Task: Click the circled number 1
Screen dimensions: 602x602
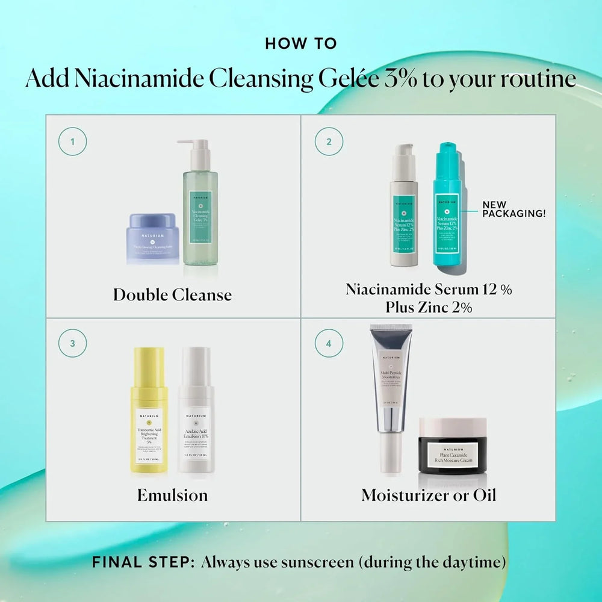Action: coord(72,143)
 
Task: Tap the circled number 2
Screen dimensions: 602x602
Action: coord(329,143)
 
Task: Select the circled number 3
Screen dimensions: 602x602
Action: coord(72,344)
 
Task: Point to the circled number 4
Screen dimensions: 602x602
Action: coord(329,344)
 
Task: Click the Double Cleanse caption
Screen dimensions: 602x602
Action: coord(172,295)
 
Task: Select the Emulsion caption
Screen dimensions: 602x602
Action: coord(172,495)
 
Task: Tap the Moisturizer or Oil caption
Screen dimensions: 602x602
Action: coord(429,495)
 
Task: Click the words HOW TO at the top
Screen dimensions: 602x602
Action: coord(301,44)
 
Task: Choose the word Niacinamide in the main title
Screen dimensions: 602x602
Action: coord(123,79)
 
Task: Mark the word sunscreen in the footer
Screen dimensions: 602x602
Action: coord(320,563)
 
